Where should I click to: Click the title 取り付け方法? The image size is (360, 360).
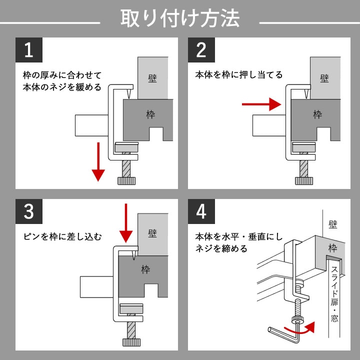[180, 19]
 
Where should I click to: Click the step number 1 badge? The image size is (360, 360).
[28, 50]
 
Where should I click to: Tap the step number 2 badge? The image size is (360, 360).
[201, 50]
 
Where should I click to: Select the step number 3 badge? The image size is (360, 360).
[28, 211]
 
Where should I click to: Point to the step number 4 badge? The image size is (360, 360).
[201, 211]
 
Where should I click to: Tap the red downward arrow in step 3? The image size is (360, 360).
[126, 222]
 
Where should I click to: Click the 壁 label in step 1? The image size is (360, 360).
[152, 79]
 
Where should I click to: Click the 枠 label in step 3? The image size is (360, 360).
[145, 270]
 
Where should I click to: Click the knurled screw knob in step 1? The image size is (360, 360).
[126, 180]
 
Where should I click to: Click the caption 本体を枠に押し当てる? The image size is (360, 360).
[238, 75]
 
